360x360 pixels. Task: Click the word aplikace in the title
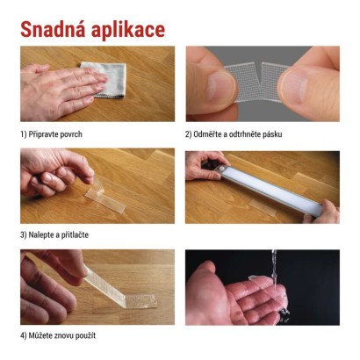130,31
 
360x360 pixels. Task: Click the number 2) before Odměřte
189,134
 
